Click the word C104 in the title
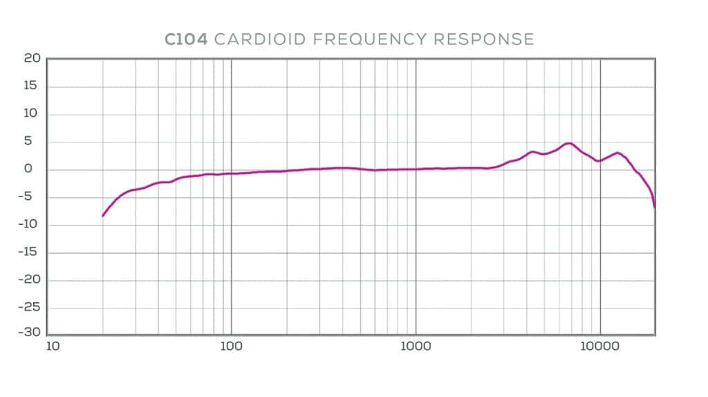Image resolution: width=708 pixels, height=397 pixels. point(187,39)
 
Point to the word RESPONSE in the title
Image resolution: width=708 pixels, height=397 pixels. point(484,39)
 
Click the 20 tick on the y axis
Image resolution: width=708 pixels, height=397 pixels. point(32,59)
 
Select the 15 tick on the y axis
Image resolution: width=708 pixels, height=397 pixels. point(32,86)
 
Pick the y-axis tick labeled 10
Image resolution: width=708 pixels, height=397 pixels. point(32,114)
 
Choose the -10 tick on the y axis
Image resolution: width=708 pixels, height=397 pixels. point(30,225)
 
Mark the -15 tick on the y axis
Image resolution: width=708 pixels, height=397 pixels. point(30,252)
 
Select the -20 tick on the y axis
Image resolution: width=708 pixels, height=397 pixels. point(30,280)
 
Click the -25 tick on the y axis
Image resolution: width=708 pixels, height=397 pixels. point(30,308)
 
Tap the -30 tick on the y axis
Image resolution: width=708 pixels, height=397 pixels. point(30,332)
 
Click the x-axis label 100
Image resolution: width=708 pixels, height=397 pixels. point(231,345)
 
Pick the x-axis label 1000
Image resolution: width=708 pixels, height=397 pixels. point(416,345)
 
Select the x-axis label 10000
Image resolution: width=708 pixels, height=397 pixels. point(600,345)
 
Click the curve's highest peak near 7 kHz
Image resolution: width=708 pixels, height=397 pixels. point(568,143)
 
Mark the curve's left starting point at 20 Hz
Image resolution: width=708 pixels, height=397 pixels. point(103,216)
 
